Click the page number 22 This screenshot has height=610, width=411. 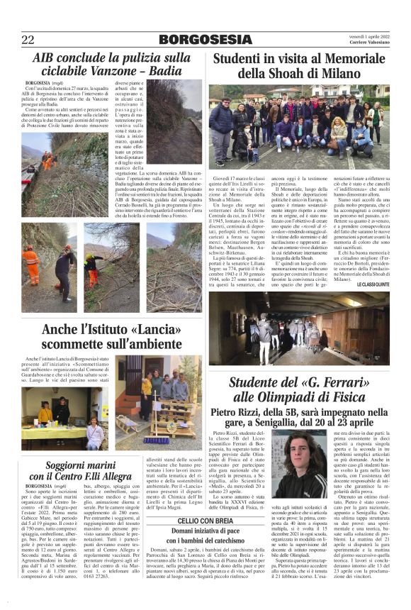[x=28, y=40]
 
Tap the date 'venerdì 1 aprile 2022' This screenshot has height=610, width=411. [x=367, y=35]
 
